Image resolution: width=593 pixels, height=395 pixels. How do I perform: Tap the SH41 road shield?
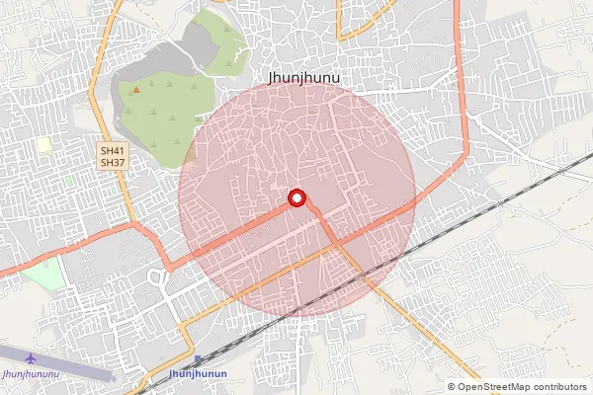tap(111, 151)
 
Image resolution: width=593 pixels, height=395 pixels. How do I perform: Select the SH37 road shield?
tap(111, 163)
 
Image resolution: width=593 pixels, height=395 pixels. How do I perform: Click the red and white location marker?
tap(296, 199)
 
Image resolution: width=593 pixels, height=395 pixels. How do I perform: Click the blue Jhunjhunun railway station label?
tap(198, 374)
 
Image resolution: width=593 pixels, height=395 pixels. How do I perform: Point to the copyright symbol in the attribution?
tap(453, 386)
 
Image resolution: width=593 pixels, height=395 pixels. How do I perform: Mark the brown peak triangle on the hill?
tap(135, 90)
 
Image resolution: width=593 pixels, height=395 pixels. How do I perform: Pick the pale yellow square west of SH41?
tap(43, 145)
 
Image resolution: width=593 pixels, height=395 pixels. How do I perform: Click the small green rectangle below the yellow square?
tap(69, 181)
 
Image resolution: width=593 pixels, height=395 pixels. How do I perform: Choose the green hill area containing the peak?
tap(163, 99)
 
